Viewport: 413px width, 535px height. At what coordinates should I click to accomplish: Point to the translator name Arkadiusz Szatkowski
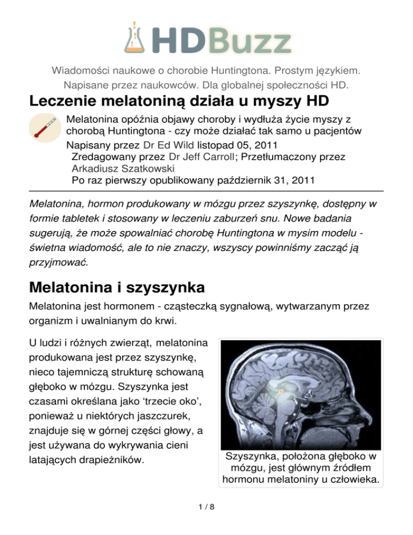(x=122, y=168)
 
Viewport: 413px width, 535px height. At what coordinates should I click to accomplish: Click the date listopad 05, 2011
(x=240, y=145)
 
